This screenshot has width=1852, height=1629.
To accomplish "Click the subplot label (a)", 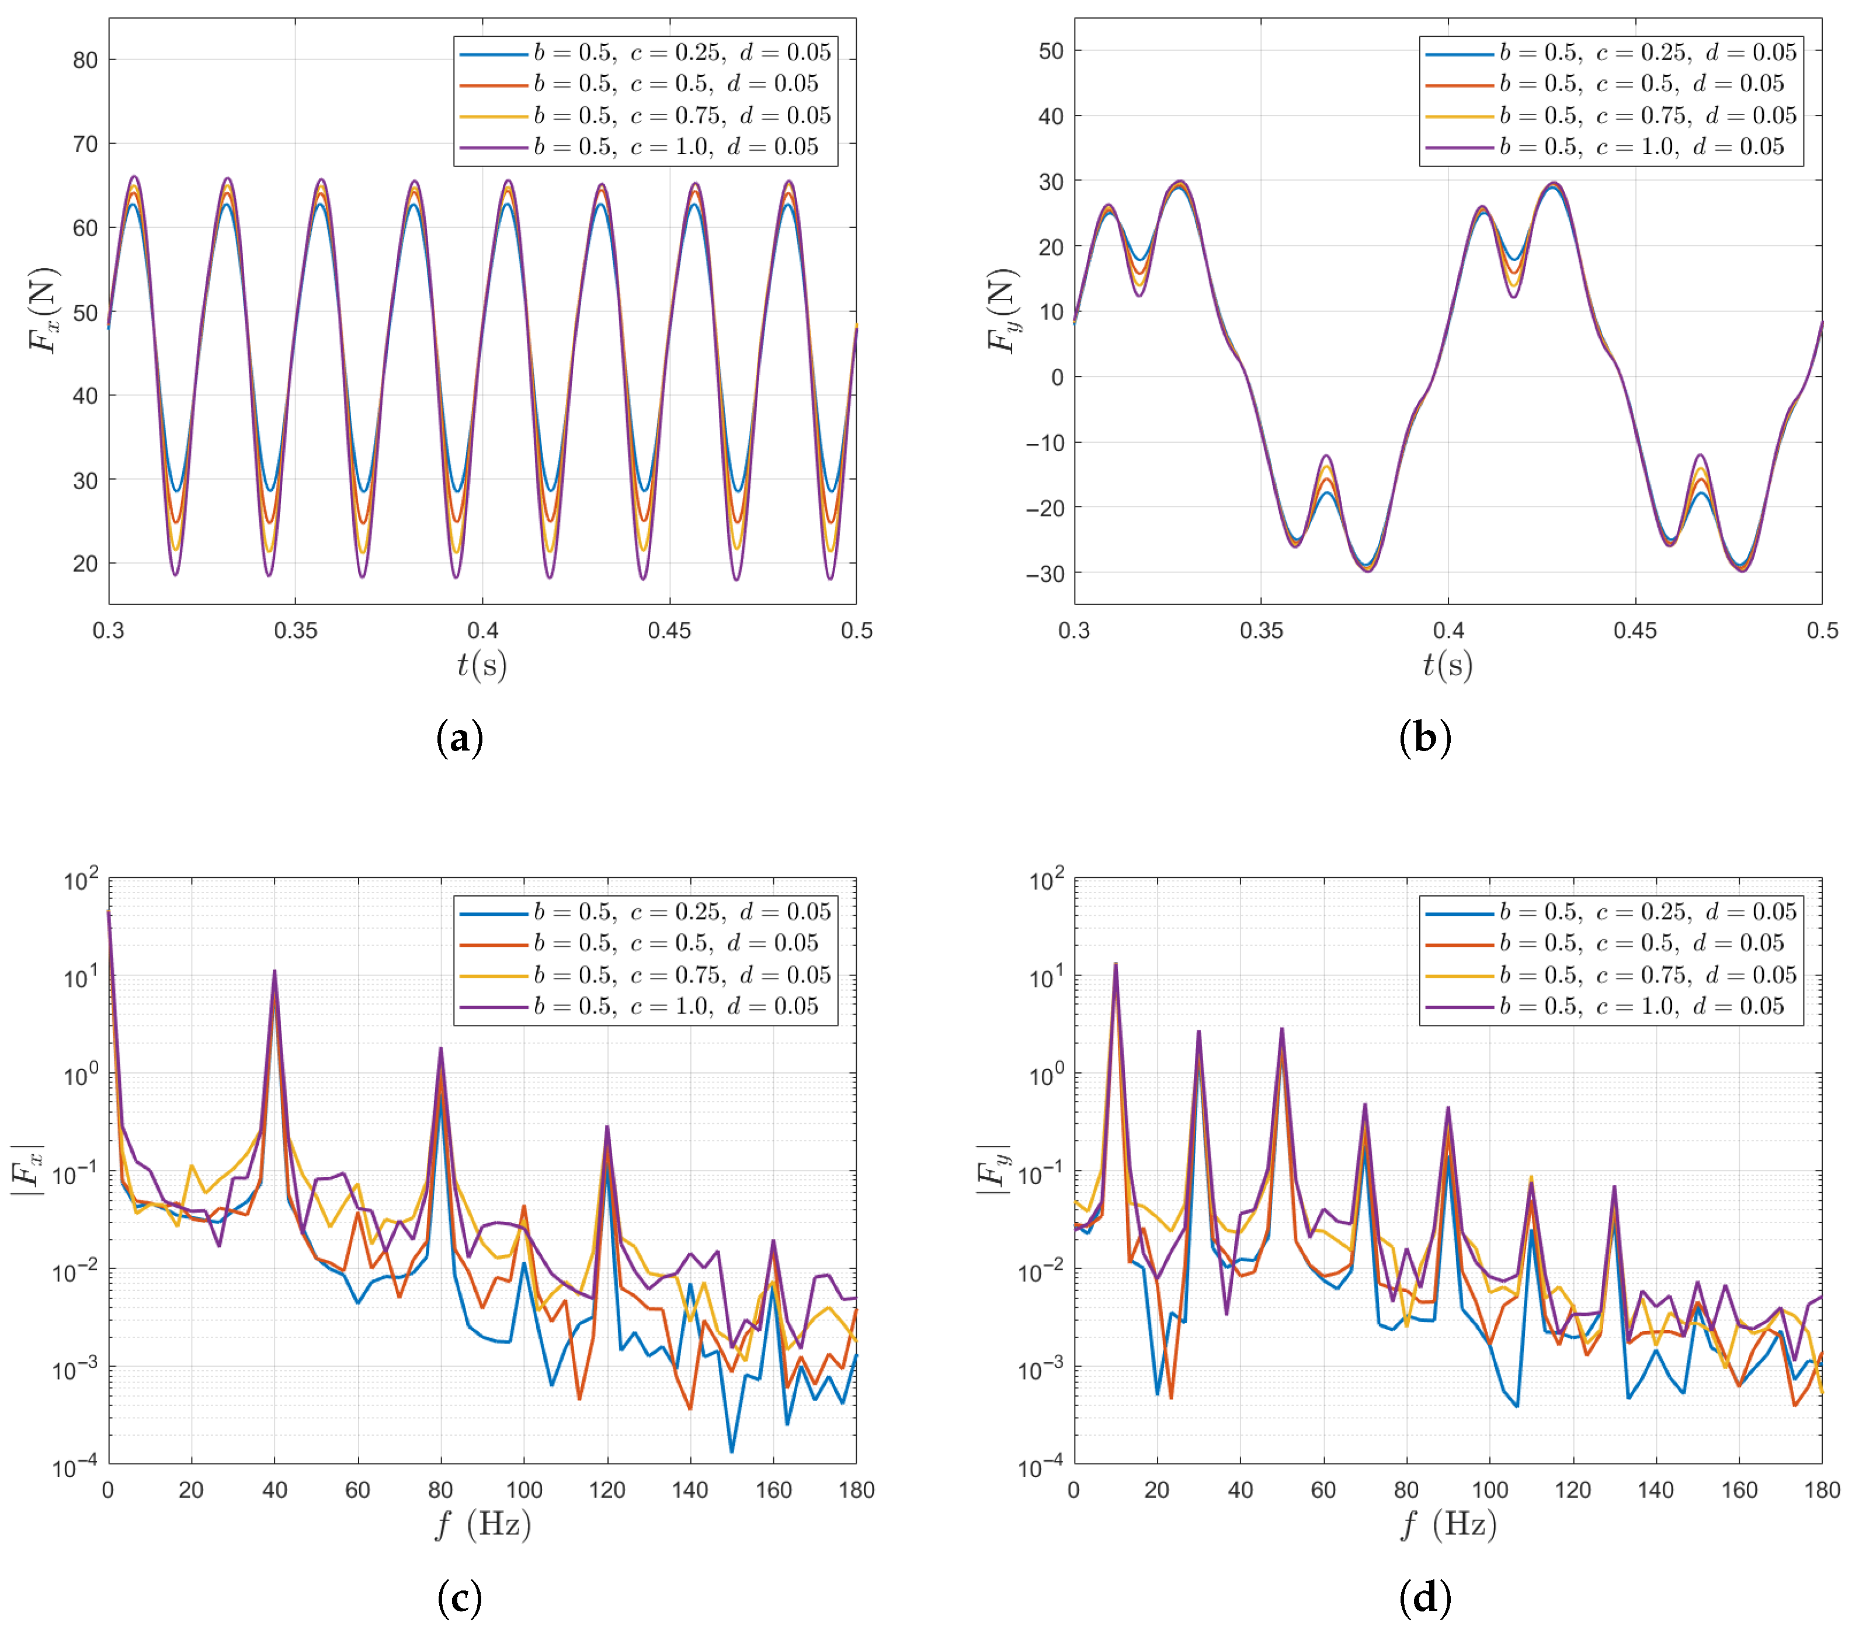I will [x=460, y=738].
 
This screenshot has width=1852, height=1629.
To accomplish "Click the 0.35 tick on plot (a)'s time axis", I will [x=296, y=631].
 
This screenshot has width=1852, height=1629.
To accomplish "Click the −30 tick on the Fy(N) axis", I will [x=1045, y=574].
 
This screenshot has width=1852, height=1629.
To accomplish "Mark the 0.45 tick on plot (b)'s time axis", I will [x=1635, y=631].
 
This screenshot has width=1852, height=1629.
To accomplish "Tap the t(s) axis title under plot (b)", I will [x=1447, y=665].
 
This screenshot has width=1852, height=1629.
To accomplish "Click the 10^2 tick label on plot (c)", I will [x=81, y=880].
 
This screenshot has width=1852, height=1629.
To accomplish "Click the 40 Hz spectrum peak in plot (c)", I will [x=275, y=971].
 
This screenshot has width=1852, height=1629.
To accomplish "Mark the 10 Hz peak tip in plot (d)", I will [x=1116, y=964].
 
